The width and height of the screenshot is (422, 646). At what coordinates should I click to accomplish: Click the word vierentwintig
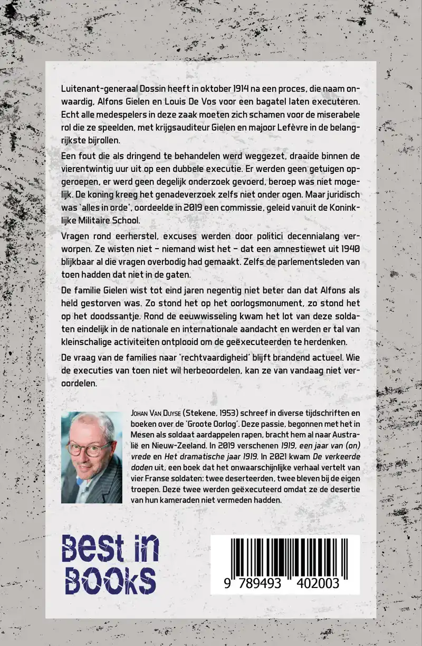[x=90, y=170]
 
